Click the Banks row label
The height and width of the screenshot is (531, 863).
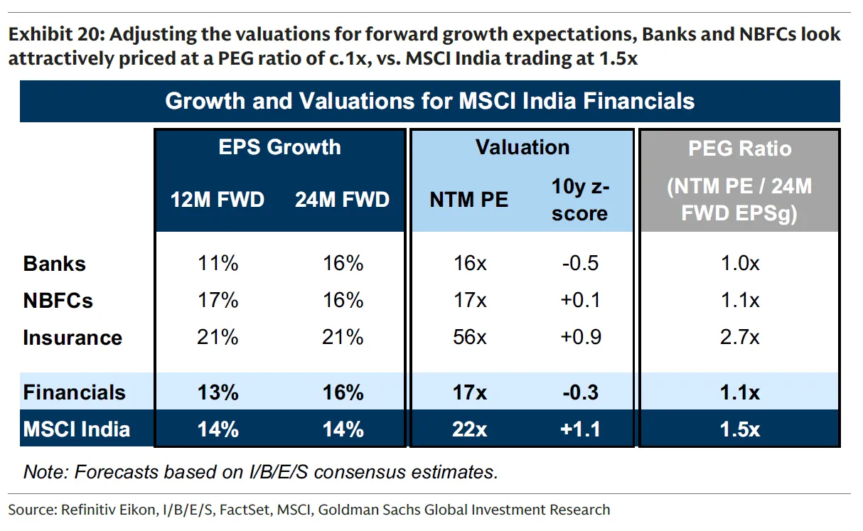pos(54,264)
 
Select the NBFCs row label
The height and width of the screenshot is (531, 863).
pos(58,301)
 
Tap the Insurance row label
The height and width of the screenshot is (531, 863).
pos(73,338)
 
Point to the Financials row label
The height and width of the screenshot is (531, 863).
pos(74,392)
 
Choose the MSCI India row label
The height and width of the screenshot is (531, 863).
pos(76,429)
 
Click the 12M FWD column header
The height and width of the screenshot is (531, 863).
pos(218,200)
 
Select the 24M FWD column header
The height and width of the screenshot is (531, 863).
pos(342,200)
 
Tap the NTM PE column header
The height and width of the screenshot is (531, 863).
pos(468,200)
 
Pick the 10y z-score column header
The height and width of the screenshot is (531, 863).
pos(579,200)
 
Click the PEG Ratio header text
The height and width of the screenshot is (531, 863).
pos(739,149)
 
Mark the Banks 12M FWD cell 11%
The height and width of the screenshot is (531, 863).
pos(218,264)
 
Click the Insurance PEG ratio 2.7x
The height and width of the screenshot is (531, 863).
pos(739,338)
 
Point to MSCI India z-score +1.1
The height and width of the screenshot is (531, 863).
pos(579,429)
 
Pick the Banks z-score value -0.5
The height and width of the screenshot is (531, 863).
pos(579,264)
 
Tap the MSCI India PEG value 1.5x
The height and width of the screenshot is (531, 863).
pos(739,429)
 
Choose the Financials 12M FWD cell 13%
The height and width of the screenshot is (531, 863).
pos(218,392)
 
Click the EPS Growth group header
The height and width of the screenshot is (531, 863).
pos(279,147)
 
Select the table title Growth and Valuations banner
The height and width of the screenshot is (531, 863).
pos(429,101)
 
